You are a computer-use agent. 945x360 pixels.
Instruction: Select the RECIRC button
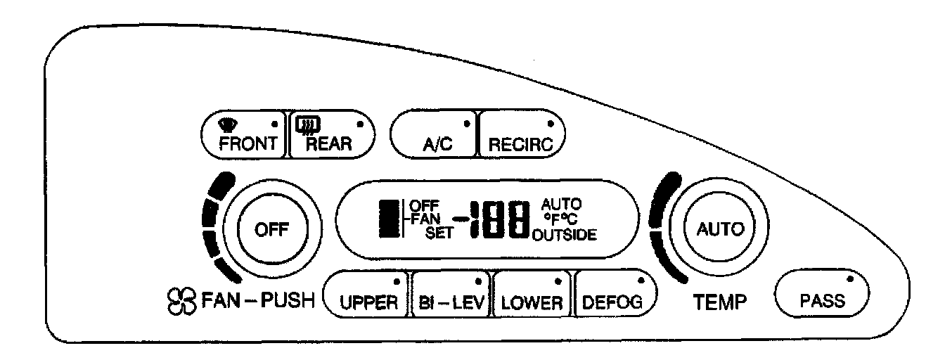(520, 138)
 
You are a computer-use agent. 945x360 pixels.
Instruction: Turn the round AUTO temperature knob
(713, 229)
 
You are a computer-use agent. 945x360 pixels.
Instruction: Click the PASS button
(822, 295)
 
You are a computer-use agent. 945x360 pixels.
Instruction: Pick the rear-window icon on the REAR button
(307, 125)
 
